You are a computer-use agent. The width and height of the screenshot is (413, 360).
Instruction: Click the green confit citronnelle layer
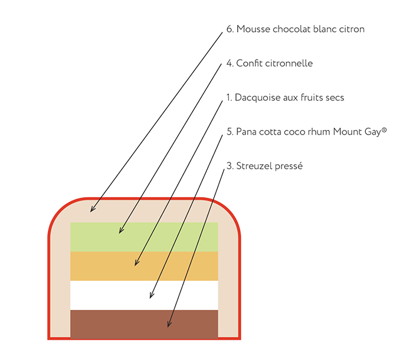tap(177, 236)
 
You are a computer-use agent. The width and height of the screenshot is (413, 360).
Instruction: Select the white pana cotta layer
tap(189, 294)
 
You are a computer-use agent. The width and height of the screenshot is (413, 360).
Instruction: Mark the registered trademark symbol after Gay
tap(384, 129)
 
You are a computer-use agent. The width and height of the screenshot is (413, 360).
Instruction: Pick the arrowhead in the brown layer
tap(169, 326)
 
